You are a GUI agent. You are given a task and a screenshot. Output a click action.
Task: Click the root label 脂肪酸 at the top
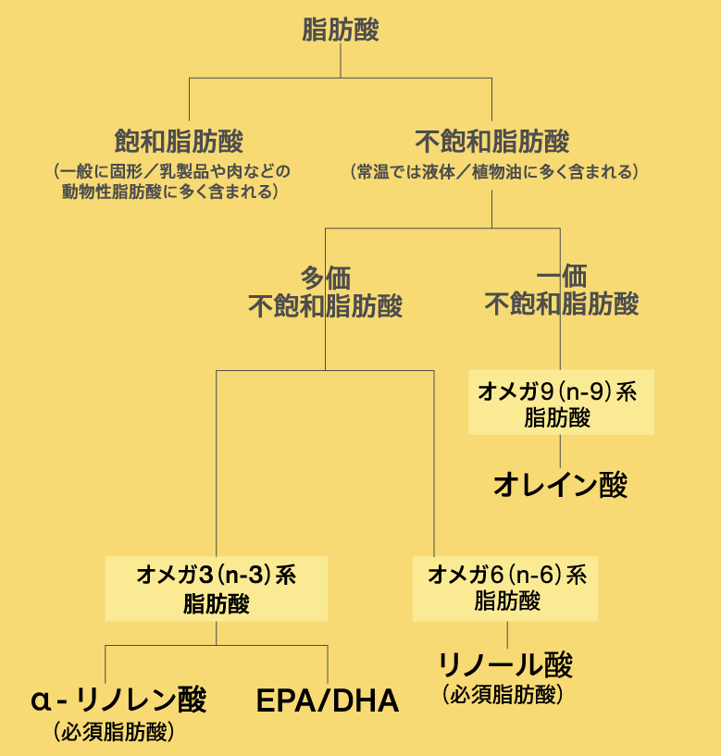pyautogui.click(x=341, y=30)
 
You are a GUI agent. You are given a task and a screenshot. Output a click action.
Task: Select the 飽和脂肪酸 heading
pyautogui.click(x=179, y=141)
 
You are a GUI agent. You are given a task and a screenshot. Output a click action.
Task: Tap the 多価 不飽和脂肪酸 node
pyautogui.click(x=326, y=292)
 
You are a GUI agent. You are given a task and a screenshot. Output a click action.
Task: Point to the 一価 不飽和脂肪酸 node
pyautogui.click(x=562, y=290)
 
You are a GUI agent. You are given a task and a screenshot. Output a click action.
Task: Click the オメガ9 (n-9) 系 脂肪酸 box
pyautogui.click(x=562, y=403)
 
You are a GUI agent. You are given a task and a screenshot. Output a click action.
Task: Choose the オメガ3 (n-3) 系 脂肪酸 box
pyautogui.click(x=216, y=589)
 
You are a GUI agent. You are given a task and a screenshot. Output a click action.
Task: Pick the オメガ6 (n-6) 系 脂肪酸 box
pyautogui.click(x=505, y=589)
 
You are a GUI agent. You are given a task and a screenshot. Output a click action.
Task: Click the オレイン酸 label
pyautogui.click(x=560, y=485)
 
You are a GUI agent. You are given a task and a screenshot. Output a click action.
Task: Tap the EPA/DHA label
pyautogui.click(x=328, y=700)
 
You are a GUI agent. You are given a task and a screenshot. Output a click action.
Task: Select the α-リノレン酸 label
pyautogui.click(x=118, y=700)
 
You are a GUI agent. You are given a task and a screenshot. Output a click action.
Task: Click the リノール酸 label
pyautogui.click(x=505, y=665)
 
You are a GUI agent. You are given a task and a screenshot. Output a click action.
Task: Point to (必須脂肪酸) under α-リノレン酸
pyautogui.click(x=114, y=732)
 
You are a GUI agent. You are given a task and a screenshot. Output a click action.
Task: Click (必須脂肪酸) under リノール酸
pyautogui.click(x=503, y=695)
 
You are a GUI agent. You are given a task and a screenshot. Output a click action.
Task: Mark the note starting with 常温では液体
pyautogui.click(x=495, y=171)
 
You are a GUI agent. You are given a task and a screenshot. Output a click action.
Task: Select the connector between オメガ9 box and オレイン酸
pyautogui.click(x=560, y=452)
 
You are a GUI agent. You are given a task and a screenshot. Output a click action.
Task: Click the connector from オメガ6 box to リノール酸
pyautogui.click(x=507, y=635)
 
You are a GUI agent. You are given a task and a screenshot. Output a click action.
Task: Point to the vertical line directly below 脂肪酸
pyautogui.click(x=341, y=61)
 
